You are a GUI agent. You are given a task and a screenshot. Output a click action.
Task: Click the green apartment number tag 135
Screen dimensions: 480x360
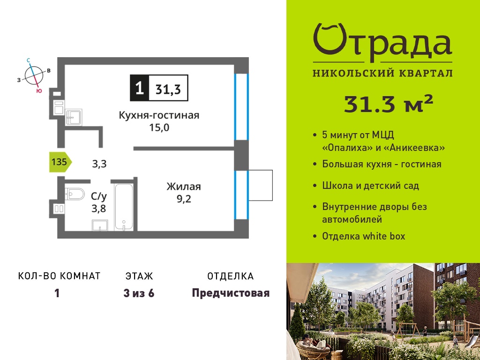(x=60, y=162)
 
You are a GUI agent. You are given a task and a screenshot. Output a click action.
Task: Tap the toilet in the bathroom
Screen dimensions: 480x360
(x=75, y=194)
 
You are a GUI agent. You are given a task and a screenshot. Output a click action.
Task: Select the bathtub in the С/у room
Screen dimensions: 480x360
(x=124, y=207)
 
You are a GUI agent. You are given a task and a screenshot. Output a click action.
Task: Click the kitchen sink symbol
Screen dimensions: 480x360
(x=74, y=117)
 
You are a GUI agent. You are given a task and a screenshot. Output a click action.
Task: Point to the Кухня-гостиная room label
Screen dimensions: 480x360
(x=159, y=115)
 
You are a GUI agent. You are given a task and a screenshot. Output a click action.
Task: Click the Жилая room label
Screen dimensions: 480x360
(x=184, y=187)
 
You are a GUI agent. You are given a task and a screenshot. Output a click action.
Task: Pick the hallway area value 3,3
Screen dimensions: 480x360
(x=99, y=164)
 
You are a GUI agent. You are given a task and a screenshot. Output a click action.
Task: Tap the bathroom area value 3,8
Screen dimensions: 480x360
(x=99, y=209)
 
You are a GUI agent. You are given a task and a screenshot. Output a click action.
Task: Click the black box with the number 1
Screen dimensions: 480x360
(x=140, y=88)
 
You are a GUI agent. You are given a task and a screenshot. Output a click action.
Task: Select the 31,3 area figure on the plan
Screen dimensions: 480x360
(x=168, y=90)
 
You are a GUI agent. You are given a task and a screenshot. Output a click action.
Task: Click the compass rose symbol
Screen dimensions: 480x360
(x=34, y=75)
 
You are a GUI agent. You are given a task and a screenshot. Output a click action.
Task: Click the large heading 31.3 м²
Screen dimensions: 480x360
(x=389, y=104)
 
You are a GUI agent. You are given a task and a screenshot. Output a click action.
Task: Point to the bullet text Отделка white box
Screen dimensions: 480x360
(x=364, y=236)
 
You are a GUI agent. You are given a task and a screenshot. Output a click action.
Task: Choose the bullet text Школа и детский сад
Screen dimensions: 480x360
(x=370, y=186)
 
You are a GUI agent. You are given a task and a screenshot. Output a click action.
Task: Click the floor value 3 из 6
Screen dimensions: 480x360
(x=139, y=293)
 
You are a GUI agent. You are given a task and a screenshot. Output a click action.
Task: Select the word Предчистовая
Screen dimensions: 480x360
(x=231, y=293)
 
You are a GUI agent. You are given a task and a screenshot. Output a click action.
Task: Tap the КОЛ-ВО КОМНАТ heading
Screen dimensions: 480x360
(x=60, y=276)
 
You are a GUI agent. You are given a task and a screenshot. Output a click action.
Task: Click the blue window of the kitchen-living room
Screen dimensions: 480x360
(x=241, y=107)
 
